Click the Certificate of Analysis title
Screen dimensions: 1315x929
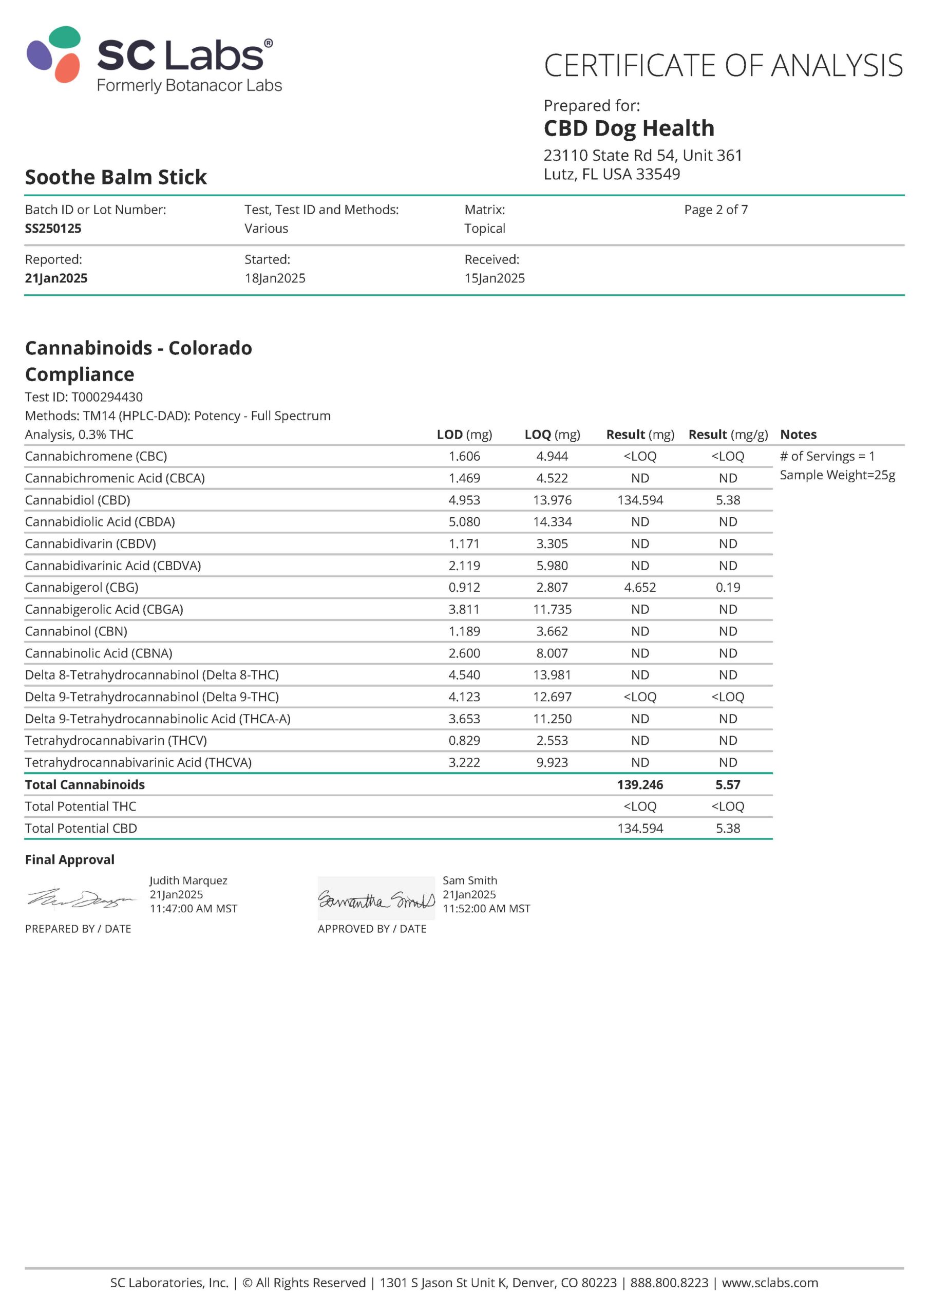[723, 65]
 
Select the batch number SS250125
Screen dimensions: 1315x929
[53, 229]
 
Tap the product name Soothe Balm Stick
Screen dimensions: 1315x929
[116, 177]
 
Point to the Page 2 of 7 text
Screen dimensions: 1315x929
[715, 210]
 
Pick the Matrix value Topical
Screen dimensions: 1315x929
[485, 229]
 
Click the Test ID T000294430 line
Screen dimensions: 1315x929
[84, 397]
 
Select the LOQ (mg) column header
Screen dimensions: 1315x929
[552, 435]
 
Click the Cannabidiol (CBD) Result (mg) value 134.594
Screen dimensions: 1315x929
[640, 500]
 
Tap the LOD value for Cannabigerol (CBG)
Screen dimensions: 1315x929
[464, 588]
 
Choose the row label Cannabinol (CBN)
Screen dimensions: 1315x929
[76, 631]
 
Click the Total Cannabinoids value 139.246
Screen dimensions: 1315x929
[640, 785]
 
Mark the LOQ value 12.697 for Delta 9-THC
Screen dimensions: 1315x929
[552, 697]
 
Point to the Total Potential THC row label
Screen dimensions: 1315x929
[81, 806]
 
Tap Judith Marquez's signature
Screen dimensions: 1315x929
[80, 900]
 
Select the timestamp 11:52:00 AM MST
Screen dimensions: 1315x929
[486, 909]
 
